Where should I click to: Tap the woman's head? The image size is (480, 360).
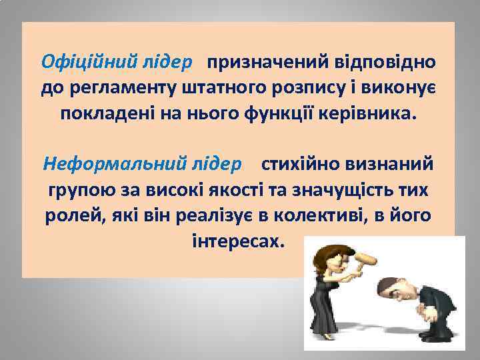[336, 255]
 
